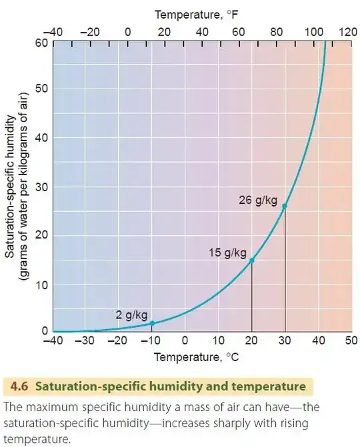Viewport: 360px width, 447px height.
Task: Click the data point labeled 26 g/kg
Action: (x=285, y=206)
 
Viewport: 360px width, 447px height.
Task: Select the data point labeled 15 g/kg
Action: (x=251, y=260)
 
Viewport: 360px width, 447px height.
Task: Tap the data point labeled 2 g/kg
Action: (x=152, y=323)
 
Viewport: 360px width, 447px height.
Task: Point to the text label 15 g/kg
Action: (x=227, y=253)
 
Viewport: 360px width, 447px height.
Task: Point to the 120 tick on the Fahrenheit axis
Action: (x=347, y=31)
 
